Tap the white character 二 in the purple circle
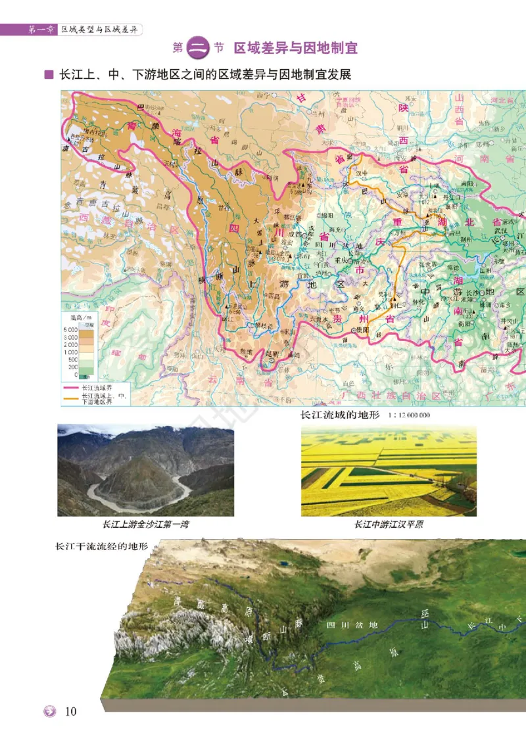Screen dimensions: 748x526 199,48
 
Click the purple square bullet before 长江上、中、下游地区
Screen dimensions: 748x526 48,75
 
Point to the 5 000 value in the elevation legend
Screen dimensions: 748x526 70,329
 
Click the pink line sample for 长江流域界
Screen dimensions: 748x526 70,388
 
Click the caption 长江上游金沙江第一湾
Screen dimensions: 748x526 145,525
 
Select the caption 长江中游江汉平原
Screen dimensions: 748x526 389,525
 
